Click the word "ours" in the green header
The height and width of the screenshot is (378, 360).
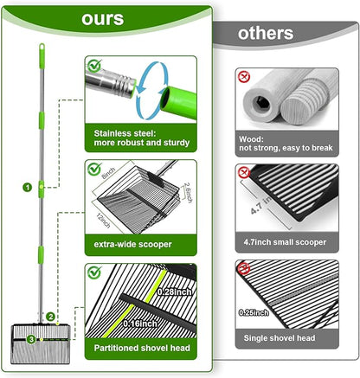(103, 19)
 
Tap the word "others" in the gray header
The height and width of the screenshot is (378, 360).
(266, 33)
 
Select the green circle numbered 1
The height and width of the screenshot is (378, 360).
(28, 188)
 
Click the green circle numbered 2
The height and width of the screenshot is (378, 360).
(51, 317)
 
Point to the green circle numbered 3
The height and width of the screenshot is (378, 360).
(31, 339)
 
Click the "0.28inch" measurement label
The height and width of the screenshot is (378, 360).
(175, 292)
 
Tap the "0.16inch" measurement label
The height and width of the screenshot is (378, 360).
(140, 324)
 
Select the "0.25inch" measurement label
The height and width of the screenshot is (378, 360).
(254, 312)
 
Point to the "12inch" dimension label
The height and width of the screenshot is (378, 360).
(103, 221)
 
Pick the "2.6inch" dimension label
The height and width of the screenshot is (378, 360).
(188, 193)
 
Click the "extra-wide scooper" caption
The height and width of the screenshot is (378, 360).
(132, 245)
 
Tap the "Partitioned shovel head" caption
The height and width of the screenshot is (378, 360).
(142, 348)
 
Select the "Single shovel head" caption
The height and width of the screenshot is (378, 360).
(280, 338)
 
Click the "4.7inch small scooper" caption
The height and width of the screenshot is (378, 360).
(285, 242)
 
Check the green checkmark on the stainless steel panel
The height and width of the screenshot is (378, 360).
(94, 66)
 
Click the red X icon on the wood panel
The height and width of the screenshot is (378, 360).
(244, 77)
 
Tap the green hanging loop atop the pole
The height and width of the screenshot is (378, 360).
(42, 48)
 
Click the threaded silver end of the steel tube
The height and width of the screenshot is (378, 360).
(126, 85)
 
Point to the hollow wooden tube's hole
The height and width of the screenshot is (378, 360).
(261, 104)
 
